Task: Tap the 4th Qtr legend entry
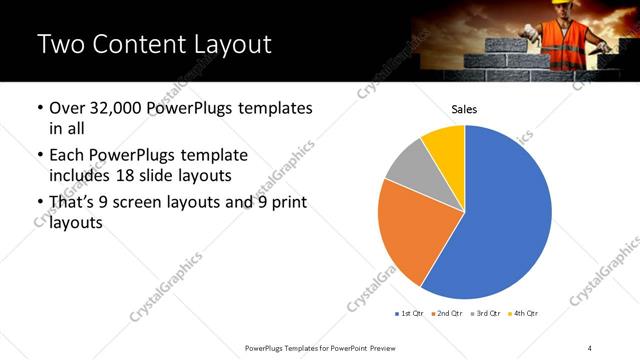coord(523,313)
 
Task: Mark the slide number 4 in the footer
coord(590,347)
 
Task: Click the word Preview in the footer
coord(390,347)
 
